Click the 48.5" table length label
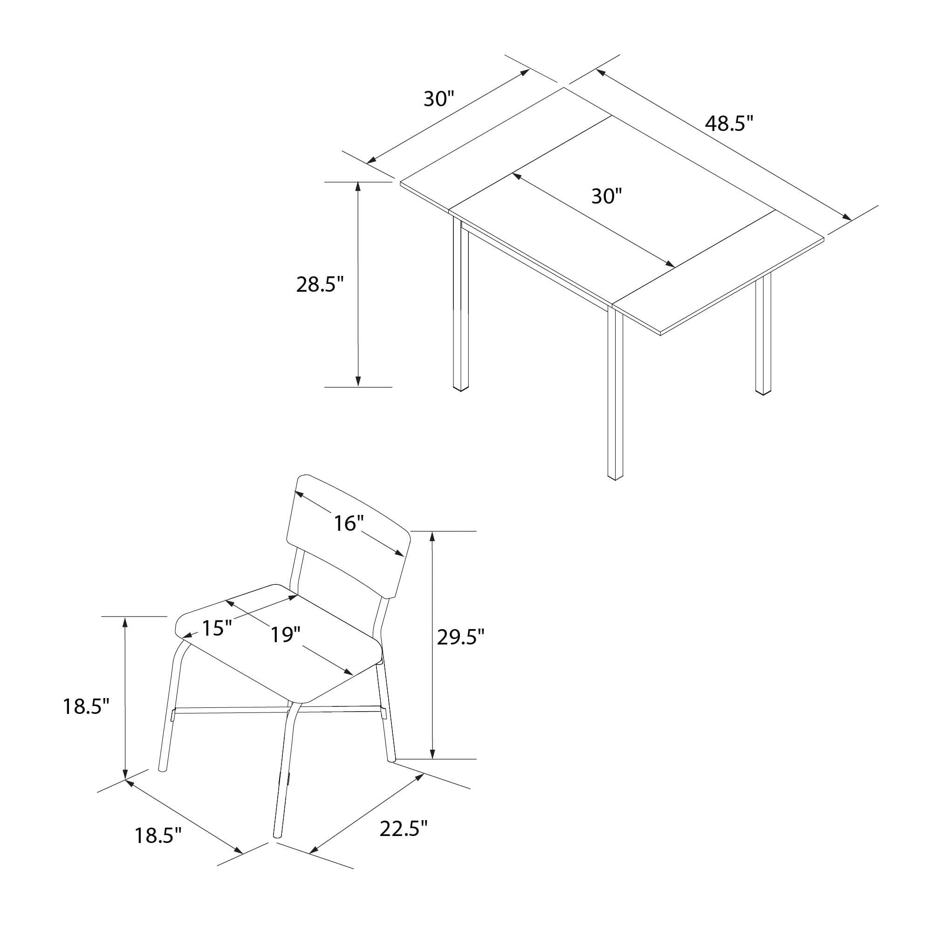[x=729, y=124]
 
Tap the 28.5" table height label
[x=320, y=285]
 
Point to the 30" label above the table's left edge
[x=439, y=99]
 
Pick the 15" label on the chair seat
[x=217, y=628]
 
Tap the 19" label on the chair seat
[x=286, y=635]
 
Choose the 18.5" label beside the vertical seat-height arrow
[x=87, y=707]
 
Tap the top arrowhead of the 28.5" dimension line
[x=358, y=187]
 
